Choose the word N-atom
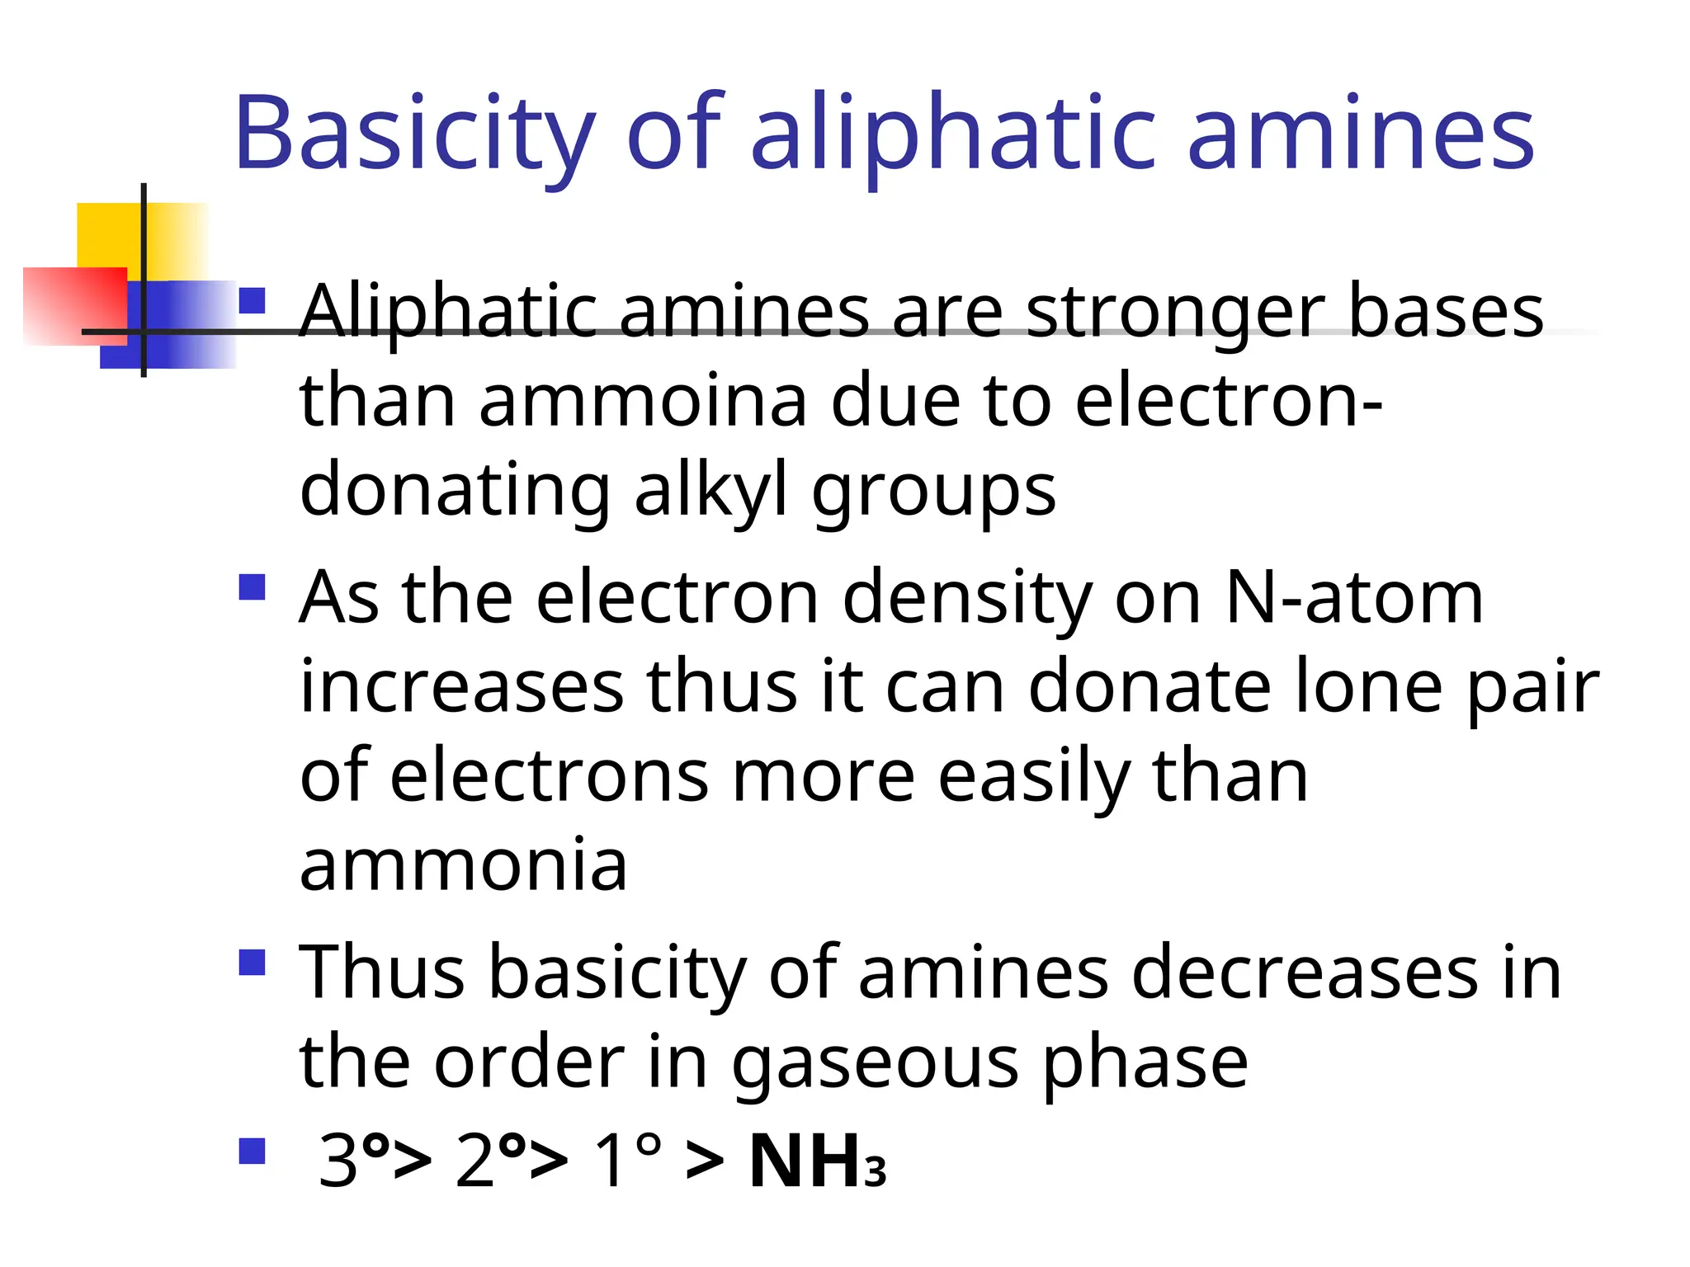click(1354, 597)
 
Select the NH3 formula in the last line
click(817, 1161)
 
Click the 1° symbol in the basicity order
click(627, 1161)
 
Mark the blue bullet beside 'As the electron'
click(252, 588)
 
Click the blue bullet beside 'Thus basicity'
click(252, 963)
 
